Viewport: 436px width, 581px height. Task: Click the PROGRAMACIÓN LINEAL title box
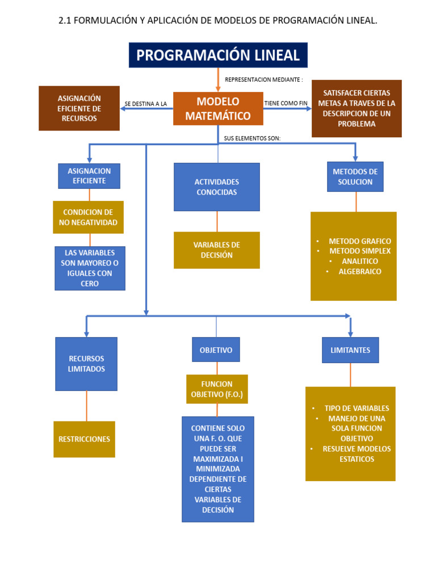[218, 55]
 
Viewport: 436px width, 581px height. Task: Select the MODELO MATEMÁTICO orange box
[218, 108]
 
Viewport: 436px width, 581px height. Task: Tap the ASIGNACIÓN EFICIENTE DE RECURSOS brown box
[79, 108]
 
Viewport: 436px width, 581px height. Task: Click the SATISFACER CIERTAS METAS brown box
[357, 108]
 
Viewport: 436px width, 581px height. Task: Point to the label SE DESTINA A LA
[146, 104]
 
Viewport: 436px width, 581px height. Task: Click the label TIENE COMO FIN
[286, 103]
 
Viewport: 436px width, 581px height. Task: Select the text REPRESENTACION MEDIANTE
[264, 79]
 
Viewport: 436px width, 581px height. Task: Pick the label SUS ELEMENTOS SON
[252, 138]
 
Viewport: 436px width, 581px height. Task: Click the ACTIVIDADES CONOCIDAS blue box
[216, 187]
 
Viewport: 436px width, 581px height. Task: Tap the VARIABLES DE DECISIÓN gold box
[216, 250]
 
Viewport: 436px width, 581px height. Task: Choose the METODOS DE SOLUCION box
[355, 176]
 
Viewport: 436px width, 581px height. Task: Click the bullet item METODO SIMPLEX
[359, 251]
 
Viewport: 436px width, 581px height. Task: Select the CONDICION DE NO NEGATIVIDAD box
[88, 217]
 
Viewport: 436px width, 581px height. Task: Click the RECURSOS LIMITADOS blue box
[86, 364]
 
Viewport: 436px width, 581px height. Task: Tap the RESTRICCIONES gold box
[84, 439]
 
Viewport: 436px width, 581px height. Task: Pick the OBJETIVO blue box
[216, 350]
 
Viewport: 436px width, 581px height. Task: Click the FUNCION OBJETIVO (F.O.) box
[217, 389]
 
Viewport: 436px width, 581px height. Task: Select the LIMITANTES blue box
[350, 350]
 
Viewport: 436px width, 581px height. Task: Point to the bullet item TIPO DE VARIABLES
[357, 408]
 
